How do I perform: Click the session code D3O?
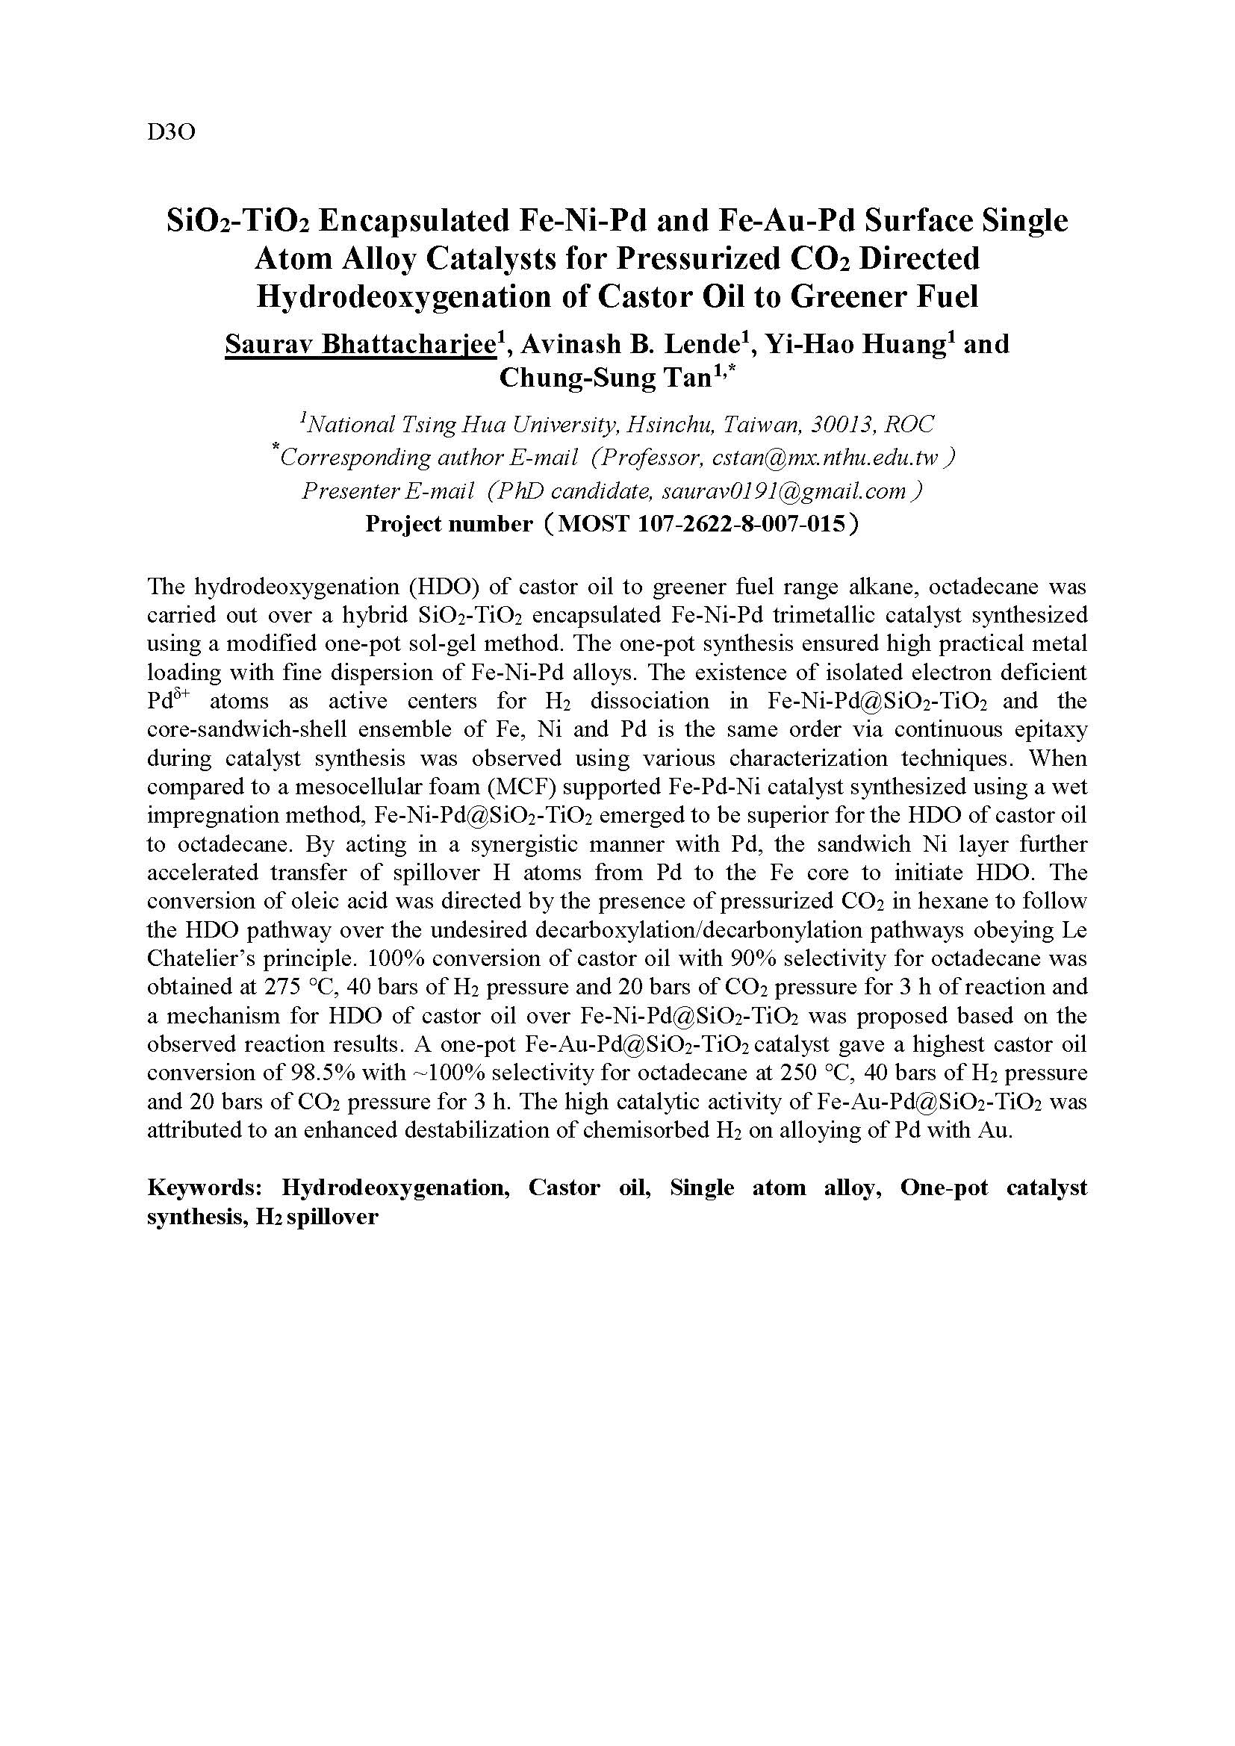(x=171, y=132)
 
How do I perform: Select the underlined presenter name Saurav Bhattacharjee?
(x=361, y=344)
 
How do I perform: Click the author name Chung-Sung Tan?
(x=605, y=378)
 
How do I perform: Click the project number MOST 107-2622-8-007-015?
(x=701, y=524)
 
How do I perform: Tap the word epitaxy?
(x=1051, y=730)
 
